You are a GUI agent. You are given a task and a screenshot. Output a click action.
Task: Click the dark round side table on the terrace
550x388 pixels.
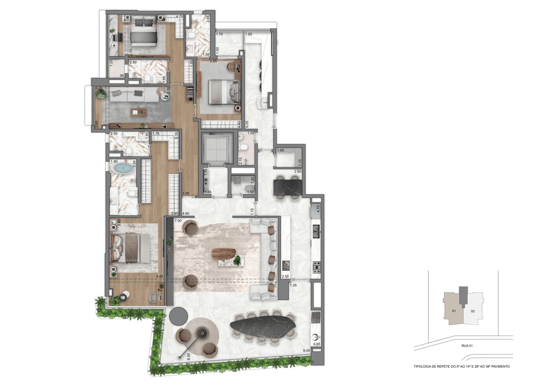[x=178, y=316]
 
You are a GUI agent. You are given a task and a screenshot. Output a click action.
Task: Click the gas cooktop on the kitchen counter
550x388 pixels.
[x=317, y=267]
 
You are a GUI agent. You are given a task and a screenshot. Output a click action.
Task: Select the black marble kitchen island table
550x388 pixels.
[x=288, y=187]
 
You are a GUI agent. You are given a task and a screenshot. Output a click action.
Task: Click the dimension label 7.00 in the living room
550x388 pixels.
[x=178, y=221]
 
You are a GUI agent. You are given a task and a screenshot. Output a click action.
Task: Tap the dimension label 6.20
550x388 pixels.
[x=99, y=88]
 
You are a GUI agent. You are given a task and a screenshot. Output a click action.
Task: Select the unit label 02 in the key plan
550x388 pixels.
[x=473, y=311]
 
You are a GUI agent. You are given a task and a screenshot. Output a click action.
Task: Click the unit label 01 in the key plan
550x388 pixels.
[x=454, y=311]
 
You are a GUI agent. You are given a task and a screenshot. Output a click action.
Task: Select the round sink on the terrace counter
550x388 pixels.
[x=316, y=336]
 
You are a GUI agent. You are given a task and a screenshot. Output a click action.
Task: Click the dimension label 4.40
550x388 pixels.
[x=239, y=124]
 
